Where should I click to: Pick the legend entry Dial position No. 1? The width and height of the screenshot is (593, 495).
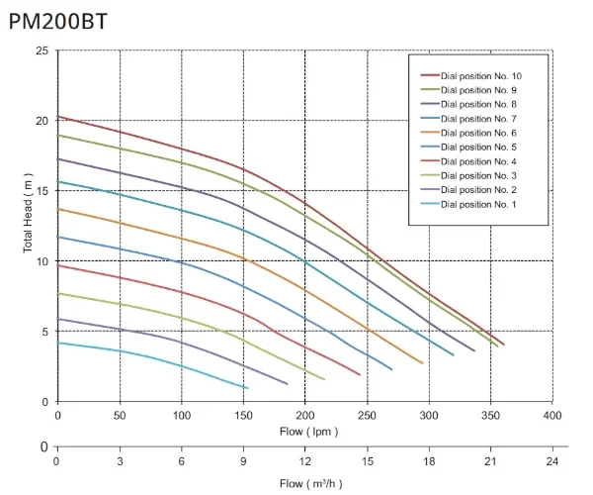(478, 204)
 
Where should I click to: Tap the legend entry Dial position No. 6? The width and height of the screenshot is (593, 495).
(478, 133)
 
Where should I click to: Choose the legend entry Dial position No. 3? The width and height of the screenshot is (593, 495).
(478, 175)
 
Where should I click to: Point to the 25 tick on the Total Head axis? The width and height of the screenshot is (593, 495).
(42, 50)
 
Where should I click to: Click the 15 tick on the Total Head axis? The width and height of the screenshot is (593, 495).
(42, 191)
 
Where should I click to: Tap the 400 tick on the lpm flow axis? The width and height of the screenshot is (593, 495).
(552, 414)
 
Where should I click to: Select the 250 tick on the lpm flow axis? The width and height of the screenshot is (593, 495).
(367, 414)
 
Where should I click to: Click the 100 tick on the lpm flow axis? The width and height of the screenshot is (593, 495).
(182, 414)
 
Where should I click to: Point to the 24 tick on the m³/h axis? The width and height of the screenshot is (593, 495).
(552, 462)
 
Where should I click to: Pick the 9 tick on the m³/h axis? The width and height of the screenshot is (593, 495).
(243, 462)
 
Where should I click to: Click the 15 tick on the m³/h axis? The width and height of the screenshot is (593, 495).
(367, 462)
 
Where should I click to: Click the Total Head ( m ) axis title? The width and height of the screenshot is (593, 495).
(28, 226)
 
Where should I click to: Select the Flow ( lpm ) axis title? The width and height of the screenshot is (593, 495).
(304, 431)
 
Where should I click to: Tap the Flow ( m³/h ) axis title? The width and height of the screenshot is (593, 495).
(304, 482)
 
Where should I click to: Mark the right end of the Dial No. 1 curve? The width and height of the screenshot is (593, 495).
(247, 387)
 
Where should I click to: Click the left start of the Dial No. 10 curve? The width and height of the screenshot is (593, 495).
(58, 116)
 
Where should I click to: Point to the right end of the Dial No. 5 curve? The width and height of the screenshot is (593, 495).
(391, 369)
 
